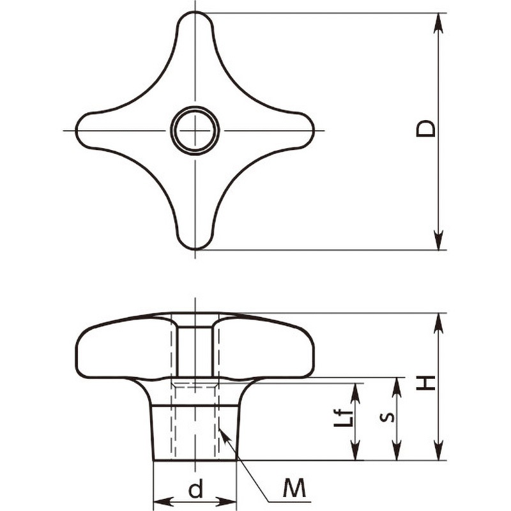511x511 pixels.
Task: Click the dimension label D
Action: [x=425, y=129]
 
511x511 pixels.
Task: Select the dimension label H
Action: [x=425, y=383]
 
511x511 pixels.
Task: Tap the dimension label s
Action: [x=387, y=417]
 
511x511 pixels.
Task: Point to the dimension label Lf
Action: [x=344, y=418]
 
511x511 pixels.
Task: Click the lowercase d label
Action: [x=195, y=488]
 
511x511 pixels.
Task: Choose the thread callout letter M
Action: [x=294, y=488]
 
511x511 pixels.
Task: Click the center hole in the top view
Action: [x=195, y=131]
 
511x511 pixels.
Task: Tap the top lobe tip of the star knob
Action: [x=195, y=12]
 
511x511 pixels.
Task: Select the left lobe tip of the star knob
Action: [x=76, y=131]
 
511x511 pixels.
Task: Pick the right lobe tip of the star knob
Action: [x=314, y=131]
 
